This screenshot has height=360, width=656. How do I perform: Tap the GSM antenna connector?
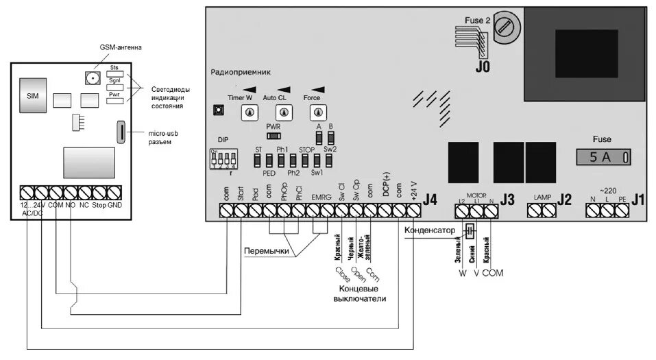[90, 77]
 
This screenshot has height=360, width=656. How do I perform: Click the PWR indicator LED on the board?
[274, 136]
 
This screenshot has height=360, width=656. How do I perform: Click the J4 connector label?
[430, 200]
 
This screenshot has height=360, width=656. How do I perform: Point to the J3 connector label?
[507, 200]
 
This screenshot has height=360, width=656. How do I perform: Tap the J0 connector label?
[483, 67]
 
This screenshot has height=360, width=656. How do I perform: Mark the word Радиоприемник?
[242, 71]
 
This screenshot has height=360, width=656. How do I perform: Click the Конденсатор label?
[430, 231]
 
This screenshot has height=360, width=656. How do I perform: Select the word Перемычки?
[266, 251]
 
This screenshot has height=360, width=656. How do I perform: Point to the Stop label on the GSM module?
[99, 205]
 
